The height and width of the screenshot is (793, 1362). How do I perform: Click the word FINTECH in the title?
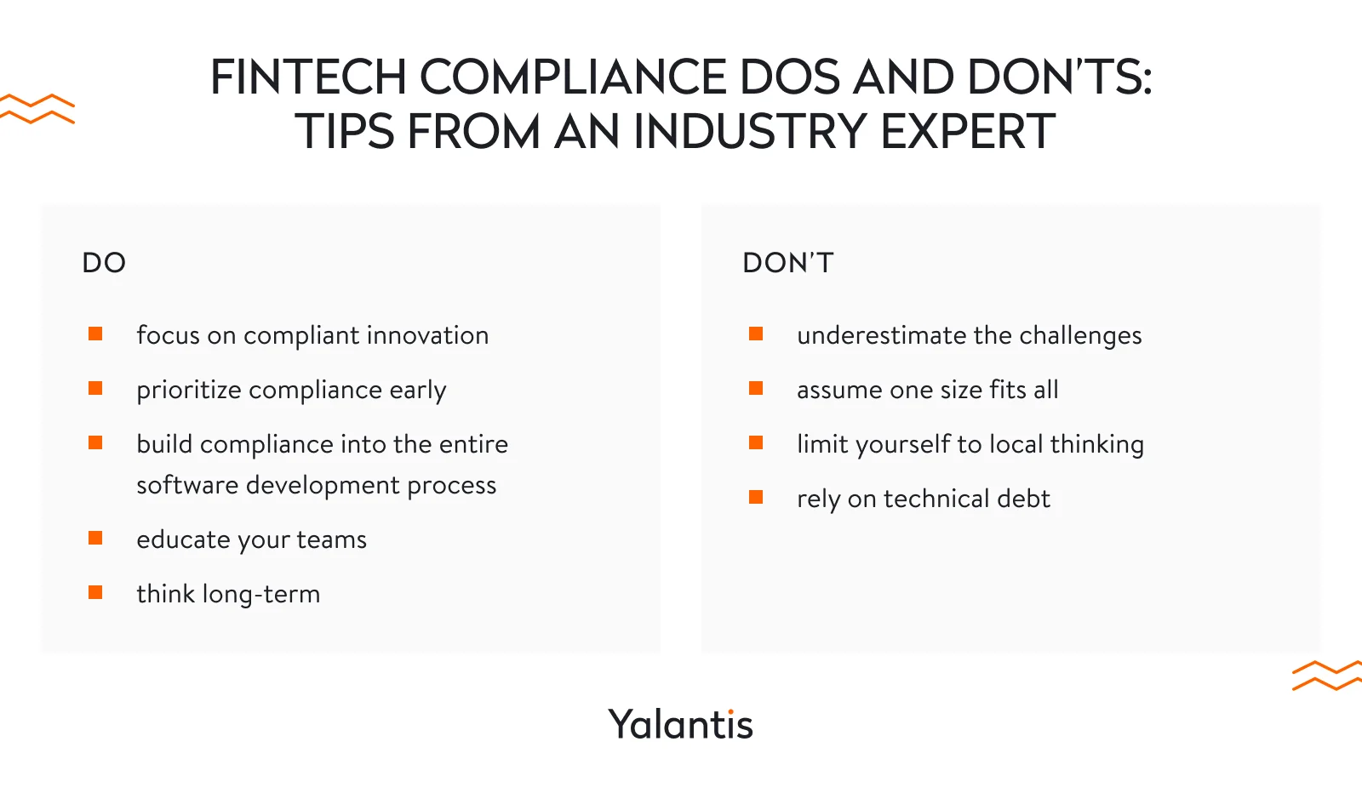click(308, 77)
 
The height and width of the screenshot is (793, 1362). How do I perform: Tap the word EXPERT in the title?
click(967, 131)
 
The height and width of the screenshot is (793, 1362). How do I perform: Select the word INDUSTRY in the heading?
click(749, 131)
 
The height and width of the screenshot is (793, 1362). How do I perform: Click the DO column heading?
click(104, 263)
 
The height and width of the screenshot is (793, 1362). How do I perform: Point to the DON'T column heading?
click(788, 263)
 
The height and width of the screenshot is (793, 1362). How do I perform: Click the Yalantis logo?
click(680, 724)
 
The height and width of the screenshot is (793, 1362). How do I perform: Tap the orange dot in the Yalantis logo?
click(731, 711)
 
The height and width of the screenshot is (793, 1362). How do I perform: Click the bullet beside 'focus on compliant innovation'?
click(95, 334)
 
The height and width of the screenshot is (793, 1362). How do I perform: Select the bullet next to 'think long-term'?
click(95, 592)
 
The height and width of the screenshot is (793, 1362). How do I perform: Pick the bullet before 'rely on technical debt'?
click(756, 497)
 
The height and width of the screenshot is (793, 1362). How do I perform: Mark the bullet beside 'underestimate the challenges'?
click(756, 334)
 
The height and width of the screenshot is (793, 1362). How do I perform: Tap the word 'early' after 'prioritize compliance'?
click(418, 391)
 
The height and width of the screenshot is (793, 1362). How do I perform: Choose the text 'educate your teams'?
click(252, 539)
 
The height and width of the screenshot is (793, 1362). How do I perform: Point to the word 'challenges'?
click(1080, 335)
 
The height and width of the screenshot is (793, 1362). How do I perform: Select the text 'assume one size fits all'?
click(928, 390)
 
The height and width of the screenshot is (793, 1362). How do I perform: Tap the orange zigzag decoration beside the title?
click(37, 109)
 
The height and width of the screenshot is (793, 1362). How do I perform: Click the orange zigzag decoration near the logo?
click(1327, 675)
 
